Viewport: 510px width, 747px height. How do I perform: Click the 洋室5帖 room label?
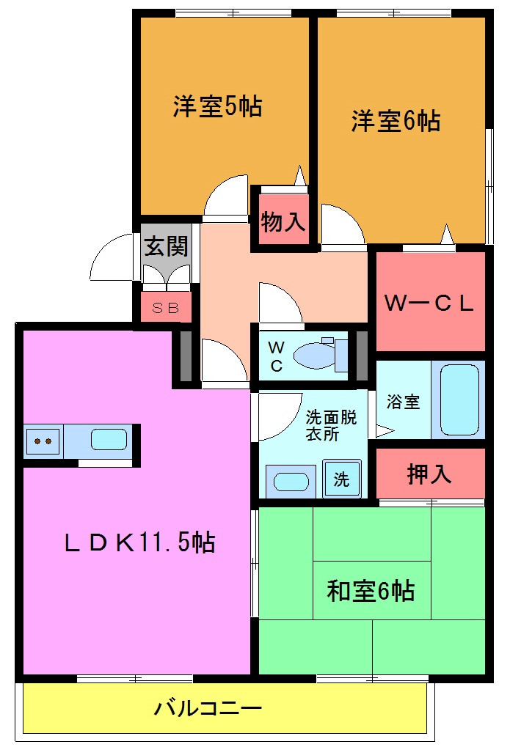click(x=218, y=107)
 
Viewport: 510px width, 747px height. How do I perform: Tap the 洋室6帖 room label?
click(x=396, y=120)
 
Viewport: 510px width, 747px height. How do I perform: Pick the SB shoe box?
click(x=166, y=308)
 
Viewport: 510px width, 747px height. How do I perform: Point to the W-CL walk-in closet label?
click(x=429, y=303)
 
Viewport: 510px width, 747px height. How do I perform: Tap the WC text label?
click(x=276, y=356)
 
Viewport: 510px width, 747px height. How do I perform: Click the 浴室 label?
click(x=403, y=402)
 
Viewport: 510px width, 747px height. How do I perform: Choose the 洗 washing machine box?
click(x=342, y=480)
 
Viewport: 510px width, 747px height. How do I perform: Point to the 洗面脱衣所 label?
click(x=331, y=426)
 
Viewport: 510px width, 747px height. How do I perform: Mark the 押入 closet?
click(x=429, y=474)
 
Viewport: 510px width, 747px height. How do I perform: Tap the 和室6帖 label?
click(x=371, y=589)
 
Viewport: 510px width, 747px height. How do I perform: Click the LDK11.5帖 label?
click(x=139, y=542)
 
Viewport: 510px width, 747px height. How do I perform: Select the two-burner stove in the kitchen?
click(x=43, y=441)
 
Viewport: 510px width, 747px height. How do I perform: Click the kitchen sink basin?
click(x=109, y=440)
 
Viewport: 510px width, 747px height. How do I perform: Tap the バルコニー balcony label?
click(x=208, y=709)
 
